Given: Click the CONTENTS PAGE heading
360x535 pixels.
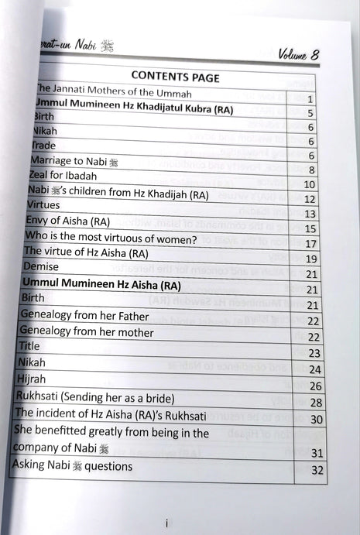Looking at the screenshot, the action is point(175,77).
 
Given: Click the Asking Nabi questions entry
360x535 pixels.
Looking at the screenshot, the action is point(72,466).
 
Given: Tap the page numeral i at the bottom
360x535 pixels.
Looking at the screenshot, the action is point(166,523).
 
